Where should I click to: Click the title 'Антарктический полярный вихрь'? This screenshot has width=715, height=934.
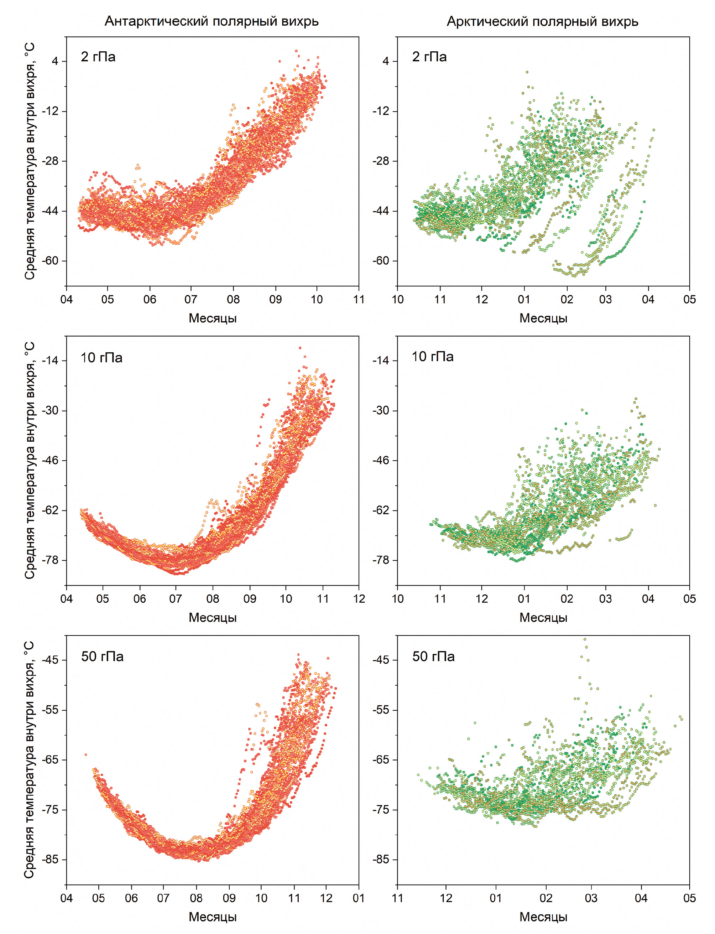212,21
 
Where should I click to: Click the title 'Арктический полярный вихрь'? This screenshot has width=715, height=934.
542,21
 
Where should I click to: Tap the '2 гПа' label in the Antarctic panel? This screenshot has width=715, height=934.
98,57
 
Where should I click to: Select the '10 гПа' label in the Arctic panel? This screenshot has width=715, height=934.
432,356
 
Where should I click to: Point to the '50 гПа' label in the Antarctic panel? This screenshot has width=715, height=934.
102,656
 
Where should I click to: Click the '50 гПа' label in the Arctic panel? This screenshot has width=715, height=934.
433,656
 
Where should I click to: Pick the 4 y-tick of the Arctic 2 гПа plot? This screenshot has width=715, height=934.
386,61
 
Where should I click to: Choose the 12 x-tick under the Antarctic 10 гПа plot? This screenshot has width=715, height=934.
359,598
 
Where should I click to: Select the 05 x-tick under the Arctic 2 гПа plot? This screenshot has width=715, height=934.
689,299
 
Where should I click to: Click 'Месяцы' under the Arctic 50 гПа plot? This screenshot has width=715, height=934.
543,917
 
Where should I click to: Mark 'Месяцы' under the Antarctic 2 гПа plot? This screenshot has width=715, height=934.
212,318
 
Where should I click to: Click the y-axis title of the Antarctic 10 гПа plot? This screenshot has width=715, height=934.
29,460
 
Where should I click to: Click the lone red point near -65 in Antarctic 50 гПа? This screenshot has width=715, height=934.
85,754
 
